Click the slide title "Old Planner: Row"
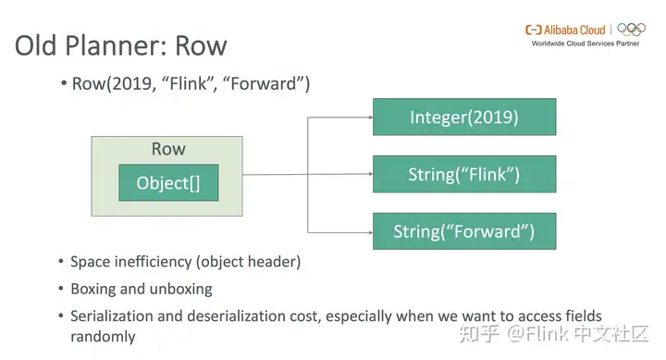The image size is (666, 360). [120, 45]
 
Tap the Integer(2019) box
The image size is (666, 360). [463, 118]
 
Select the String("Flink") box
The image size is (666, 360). [463, 174]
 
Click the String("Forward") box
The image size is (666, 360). [463, 230]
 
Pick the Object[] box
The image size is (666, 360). [167, 183]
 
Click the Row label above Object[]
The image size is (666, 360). [167, 149]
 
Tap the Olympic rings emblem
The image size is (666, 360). [632, 30]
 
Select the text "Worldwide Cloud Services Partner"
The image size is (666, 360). [585, 43]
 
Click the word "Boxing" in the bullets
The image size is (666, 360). [94, 289]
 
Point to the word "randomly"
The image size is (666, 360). [103, 336]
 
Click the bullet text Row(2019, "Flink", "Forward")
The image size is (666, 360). [191, 83]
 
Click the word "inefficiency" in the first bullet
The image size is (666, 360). [157, 262]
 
